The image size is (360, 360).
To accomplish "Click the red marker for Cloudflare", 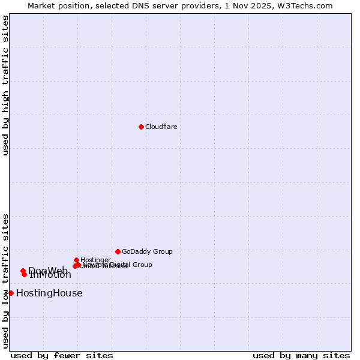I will point(141,127).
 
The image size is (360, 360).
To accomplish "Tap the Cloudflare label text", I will point(161,127).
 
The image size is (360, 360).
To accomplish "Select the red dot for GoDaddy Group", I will point(118,251).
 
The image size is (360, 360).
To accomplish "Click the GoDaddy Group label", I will point(147,252).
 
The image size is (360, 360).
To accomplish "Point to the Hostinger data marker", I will point(76,260).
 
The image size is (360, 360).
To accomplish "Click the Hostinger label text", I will point(95,260).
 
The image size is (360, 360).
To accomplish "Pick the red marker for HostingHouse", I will point(11,293).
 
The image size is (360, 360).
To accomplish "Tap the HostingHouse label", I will point(49,293).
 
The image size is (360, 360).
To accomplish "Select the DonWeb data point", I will point(23,271).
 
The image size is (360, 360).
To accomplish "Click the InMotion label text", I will point(50,275).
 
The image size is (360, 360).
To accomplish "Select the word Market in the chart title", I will point(40,5).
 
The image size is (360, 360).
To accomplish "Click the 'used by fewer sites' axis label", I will point(62,355).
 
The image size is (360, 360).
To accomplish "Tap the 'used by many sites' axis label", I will point(301,355).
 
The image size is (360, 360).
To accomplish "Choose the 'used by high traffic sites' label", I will point(5,85).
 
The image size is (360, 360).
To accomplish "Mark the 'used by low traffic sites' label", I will point(5,280).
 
